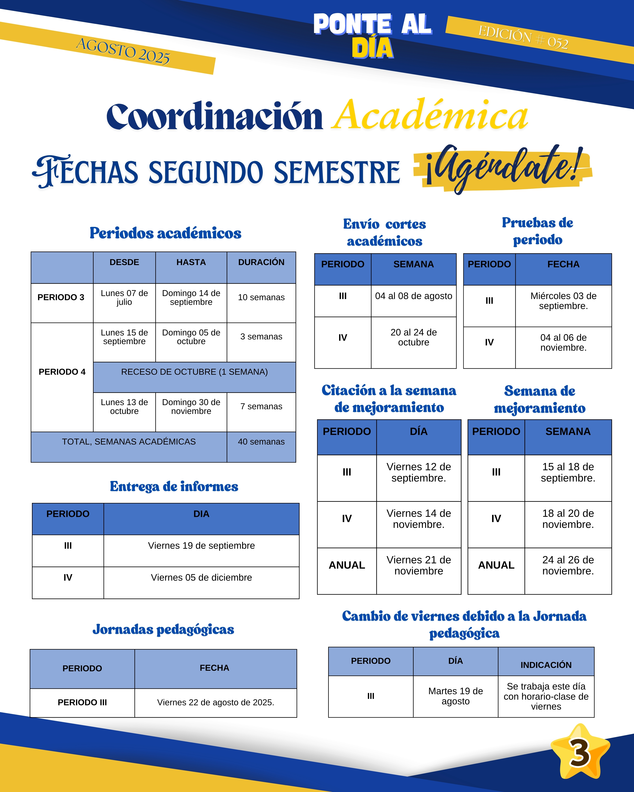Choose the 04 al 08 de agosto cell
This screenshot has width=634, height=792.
[x=413, y=296]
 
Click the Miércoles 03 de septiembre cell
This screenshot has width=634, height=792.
[x=563, y=301]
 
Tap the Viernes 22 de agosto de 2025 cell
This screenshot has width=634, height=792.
[x=215, y=702]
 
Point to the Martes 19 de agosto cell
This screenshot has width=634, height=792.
[x=455, y=696]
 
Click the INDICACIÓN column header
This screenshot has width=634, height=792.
[x=546, y=665]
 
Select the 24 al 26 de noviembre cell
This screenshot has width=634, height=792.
[x=568, y=565]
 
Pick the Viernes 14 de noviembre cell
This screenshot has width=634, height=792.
[x=419, y=519]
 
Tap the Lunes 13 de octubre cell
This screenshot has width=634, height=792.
[x=124, y=407]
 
